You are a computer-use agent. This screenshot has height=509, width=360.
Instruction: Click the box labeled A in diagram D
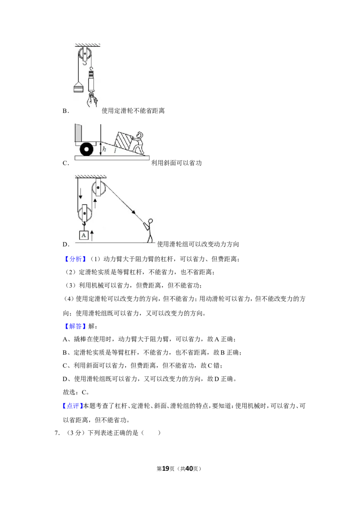point(84,235)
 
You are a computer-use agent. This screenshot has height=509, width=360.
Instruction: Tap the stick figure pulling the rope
point(149,231)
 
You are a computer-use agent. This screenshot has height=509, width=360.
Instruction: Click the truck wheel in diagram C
point(87,150)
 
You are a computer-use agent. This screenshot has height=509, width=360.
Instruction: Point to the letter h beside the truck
point(104,149)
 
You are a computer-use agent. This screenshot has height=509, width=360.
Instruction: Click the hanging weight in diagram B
point(78,87)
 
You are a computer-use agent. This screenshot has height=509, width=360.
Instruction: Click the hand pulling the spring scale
point(92,100)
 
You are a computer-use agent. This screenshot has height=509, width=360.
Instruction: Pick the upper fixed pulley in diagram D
point(98,188)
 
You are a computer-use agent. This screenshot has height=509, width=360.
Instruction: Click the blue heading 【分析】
point(75,259)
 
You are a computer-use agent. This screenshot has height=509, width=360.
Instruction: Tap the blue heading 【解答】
point(75,326)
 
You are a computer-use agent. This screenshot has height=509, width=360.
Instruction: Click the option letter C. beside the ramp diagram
point(66,163)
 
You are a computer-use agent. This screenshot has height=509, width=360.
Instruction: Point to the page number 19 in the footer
point(166,469)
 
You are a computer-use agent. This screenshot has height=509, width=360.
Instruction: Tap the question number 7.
point(57,433)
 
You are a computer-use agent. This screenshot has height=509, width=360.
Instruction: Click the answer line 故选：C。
point(76,392)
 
